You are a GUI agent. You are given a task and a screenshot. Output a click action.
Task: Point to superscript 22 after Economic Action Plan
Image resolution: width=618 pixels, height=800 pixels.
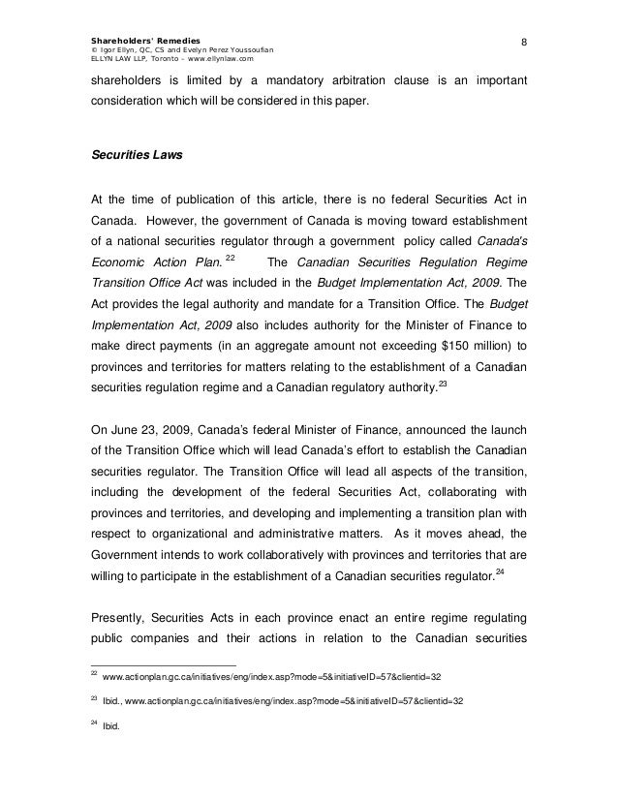point(230,254)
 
